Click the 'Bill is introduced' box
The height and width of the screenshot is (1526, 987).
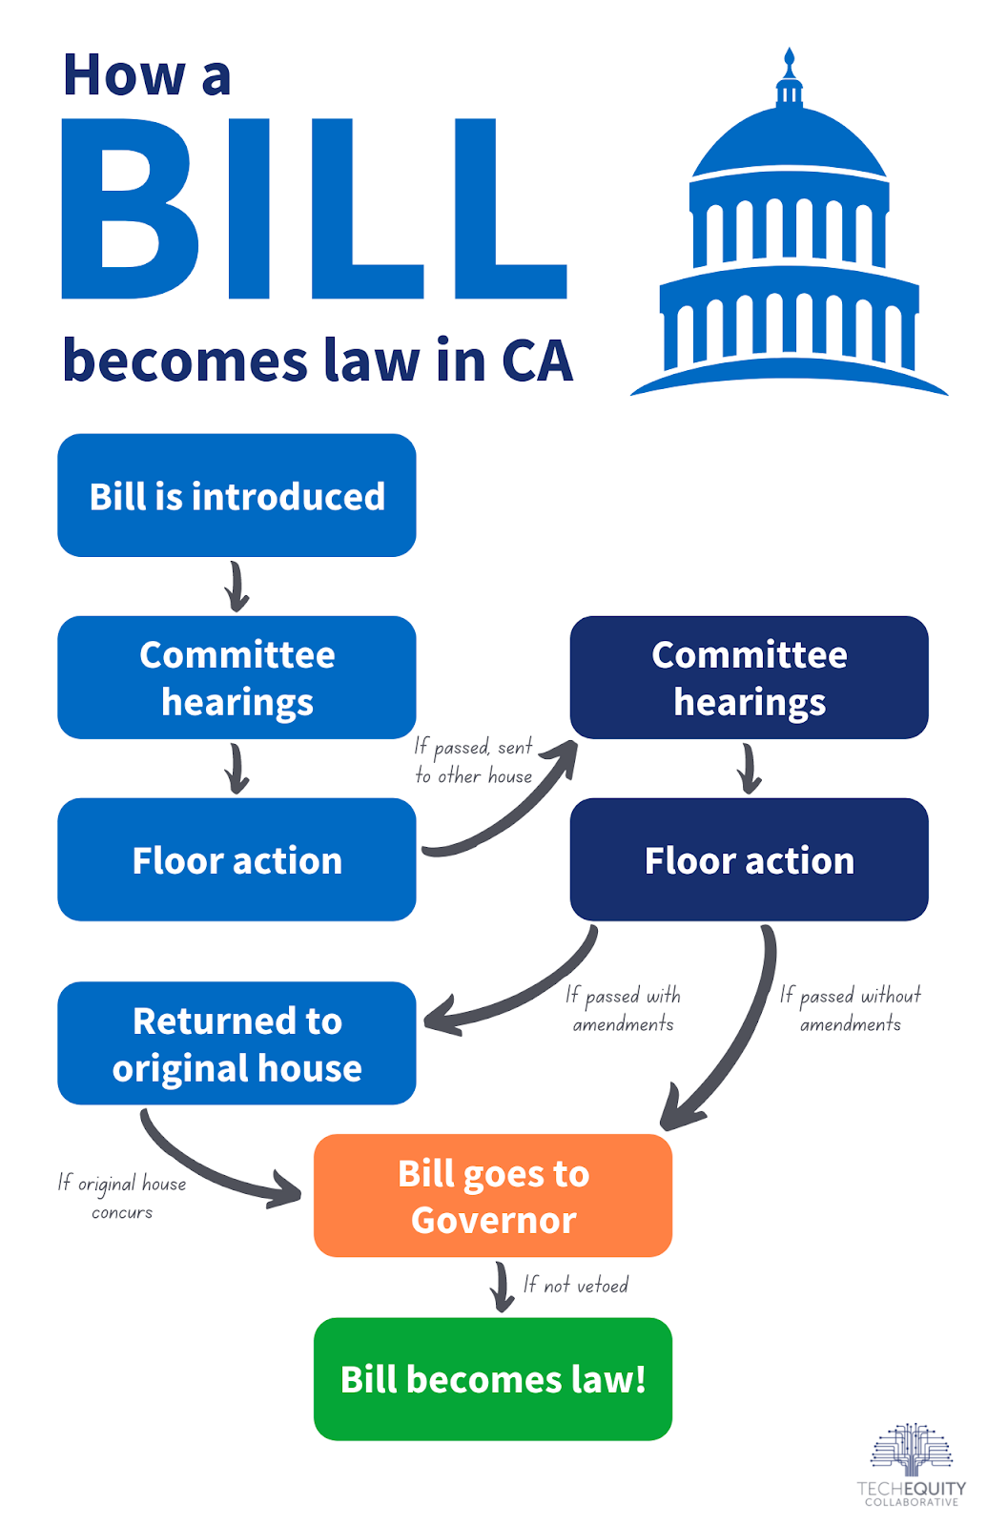[236, 495]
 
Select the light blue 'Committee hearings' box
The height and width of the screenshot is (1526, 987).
[236, 677]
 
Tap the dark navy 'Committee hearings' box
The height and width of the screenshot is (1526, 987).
[749, 677]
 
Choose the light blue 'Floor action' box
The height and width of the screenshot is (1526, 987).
[236, 859]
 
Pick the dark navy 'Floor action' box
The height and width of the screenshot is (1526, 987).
[749, 859]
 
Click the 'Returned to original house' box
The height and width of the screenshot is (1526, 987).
[236, 1043]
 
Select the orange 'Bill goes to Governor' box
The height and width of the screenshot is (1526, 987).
[492, 1196]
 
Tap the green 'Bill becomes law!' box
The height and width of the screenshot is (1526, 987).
[492, 1379]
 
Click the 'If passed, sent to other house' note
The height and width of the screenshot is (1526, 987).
[473, 762]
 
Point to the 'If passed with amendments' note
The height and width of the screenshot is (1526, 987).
[623, 1010]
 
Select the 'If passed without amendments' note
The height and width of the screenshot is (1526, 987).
[850, 1010]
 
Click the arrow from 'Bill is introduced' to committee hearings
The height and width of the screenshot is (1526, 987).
[236, 587]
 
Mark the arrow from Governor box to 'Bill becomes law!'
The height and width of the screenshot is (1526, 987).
[502, 1287]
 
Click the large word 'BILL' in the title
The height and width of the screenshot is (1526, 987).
[314, 209]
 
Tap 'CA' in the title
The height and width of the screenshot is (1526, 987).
[537, 361]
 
